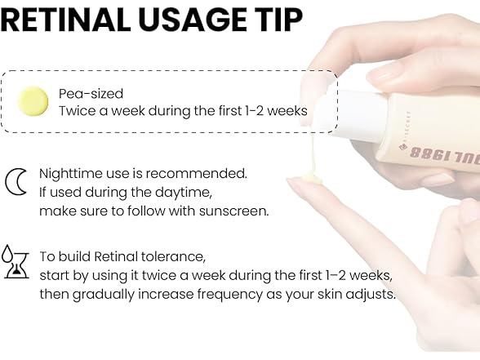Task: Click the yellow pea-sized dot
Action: coord(33,101)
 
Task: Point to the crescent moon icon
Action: coord(16,181)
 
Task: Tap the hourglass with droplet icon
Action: coord(16,261)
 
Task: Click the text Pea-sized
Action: coord(91,94)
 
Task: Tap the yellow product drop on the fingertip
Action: coord(312,179)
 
